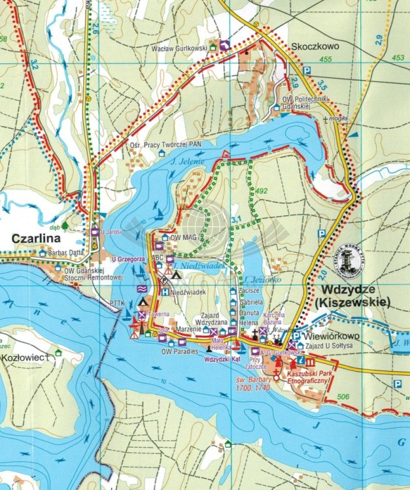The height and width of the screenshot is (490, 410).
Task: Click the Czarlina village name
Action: click(x=40, y=239)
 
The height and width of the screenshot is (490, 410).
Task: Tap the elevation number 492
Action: click(x=263, y=191)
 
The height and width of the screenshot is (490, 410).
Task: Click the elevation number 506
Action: click(x=343, y=397)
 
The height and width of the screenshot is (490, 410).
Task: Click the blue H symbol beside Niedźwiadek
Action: click(x=165, y=292)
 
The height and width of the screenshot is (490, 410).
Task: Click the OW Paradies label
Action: click(x=179, y=351)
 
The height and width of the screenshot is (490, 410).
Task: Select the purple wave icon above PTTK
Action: click(x=141, y=288)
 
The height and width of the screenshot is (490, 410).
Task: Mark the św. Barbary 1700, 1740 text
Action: click(x=253, y=383)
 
